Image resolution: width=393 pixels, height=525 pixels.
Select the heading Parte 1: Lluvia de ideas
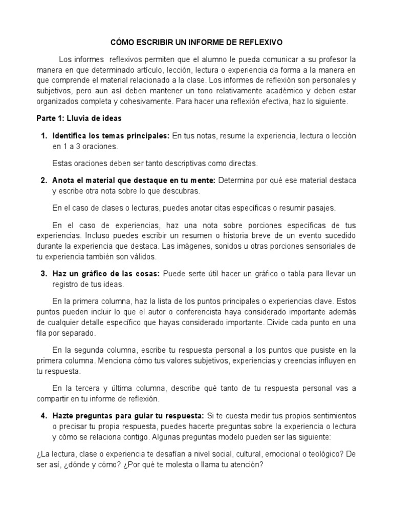click(79, 118)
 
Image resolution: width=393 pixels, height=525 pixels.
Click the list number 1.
click(43, 136)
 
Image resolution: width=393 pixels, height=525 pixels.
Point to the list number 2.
click(43, 180)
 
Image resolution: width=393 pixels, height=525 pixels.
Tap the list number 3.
click(43, 273)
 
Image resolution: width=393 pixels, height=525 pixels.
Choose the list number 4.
click(43, 415)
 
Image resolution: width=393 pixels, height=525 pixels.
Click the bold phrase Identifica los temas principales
click(111, 136)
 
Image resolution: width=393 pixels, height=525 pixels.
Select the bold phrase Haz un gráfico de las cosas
click(106, 273)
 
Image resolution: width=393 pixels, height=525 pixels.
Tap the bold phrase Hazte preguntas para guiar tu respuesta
click(128, 415)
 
